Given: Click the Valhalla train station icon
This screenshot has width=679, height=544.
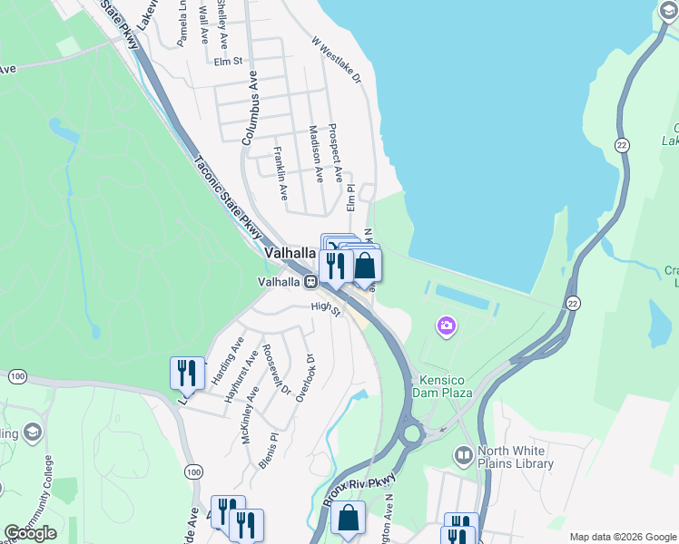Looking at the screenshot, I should coord(310,282).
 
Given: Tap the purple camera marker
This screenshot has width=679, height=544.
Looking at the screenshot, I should coord(446,325).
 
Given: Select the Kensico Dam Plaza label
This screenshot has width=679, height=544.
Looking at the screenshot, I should coord(445,386).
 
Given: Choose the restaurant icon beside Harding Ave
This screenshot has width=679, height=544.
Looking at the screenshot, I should coord(187,373).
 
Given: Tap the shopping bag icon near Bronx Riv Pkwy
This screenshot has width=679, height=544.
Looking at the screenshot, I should coord(348,520).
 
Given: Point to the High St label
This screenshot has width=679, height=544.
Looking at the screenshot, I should coord(324,308).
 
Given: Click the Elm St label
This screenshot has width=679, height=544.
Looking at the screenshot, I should coord(229,62).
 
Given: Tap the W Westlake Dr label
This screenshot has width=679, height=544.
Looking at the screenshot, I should coord(337,61).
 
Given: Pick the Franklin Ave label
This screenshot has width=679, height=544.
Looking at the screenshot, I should coord(280,173).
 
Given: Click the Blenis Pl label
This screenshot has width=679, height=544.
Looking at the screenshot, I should coord(266,452).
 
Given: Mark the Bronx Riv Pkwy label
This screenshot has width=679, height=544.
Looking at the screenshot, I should coord(360,490).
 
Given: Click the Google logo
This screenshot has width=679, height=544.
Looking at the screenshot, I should coord(30,533).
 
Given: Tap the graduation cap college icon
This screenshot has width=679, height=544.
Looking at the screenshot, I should coord(33,431).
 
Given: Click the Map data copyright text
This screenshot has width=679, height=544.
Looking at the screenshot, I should coord(623,537).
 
